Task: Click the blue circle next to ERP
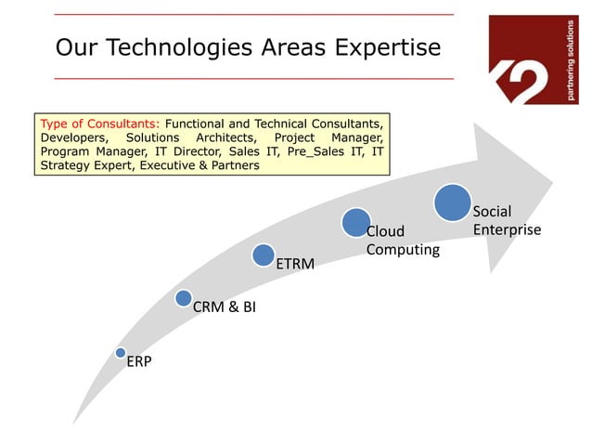click(x=121, y=353)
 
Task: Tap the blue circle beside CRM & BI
click(x=184, y=298)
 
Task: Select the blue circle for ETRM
click(x=264, y=254)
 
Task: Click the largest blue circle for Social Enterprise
click(x=452, y=202)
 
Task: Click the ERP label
click(x=139, y=362)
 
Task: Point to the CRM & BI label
click(x=224, y=307)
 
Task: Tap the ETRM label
click(x=295, y=265)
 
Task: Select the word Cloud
click(x=385, y=231)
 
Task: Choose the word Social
click(x=492, y=212)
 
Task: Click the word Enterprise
click(x=507, y=229)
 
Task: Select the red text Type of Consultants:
click(x=99, y=123)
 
